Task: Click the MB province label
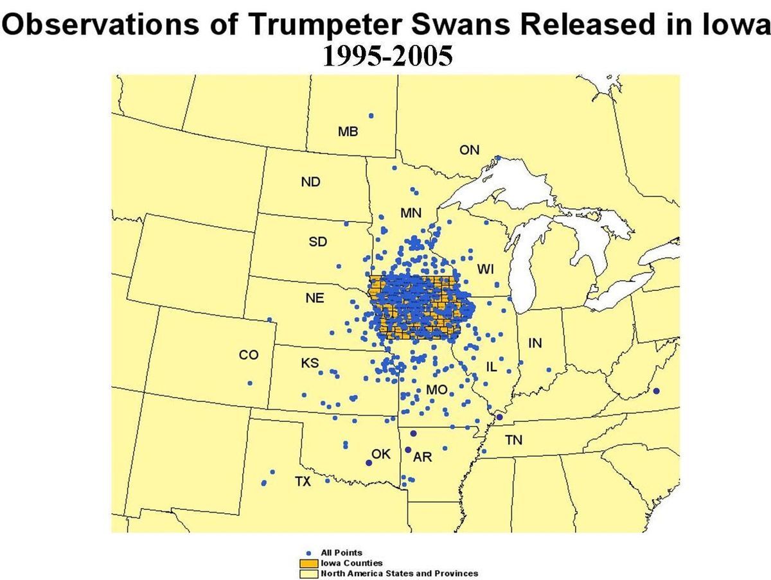(348, 132)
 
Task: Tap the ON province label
(470, 150)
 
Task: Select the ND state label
(310, 182)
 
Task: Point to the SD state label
(318, 242)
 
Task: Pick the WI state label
(485, 269)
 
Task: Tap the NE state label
(315, 299)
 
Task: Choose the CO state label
(249, 355)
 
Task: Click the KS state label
(310, 364)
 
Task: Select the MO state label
(436, 390)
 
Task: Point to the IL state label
(492, 367)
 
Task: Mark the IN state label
(535, 344)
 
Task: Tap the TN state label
(513, 441)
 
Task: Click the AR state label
(423, 457)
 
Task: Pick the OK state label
(381, 454)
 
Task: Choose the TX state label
(303, 481)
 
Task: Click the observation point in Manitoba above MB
(371, 116)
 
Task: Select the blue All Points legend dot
(309, 553)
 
